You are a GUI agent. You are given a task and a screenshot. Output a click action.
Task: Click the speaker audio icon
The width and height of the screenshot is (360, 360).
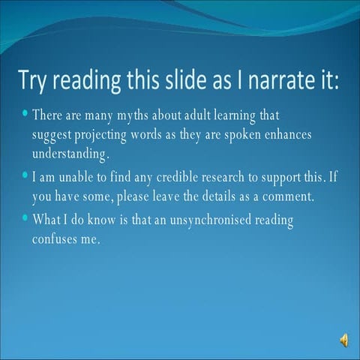tap(343, 340)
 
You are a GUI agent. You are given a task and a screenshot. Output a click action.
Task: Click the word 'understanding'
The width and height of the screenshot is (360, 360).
tap(70, 154)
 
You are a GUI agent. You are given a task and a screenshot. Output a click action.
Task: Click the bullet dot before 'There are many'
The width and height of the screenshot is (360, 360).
tap(25, 114)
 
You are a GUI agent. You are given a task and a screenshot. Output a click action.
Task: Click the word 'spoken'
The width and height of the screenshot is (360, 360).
tap(234, 134)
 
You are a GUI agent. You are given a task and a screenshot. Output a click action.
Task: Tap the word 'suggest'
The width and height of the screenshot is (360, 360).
tap(52, 135)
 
